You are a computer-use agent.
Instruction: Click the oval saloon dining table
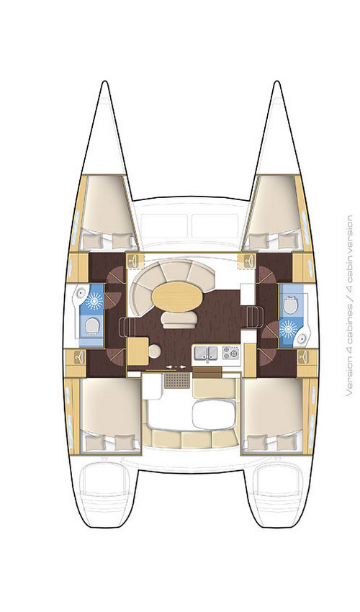[176, 294]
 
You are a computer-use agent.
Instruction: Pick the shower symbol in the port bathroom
[93, 300]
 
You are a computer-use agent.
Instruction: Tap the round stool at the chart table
[153, 352]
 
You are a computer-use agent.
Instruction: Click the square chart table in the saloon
[136, 353]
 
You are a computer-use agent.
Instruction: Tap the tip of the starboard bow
[276, 83]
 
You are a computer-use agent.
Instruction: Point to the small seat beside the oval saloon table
[176, 318]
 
